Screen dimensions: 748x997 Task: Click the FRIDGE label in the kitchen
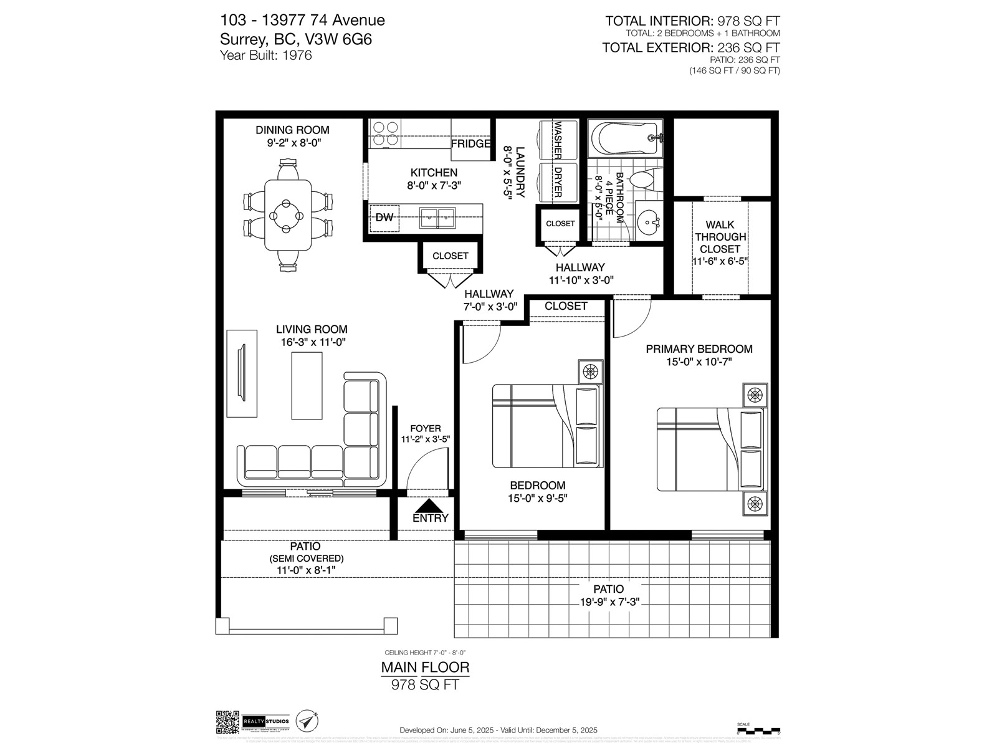471,144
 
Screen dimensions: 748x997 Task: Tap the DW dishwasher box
384,218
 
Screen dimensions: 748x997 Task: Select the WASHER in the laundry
558,141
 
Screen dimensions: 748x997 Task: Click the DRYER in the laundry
558,181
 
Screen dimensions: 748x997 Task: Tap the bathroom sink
649,221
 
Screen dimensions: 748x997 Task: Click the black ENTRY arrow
430,506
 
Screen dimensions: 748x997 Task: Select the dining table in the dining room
288,216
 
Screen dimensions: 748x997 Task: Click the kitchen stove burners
384,134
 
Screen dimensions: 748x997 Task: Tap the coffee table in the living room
307,385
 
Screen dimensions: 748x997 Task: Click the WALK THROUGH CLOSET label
720,237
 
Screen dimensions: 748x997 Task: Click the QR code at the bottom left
227,722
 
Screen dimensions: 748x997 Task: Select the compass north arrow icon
307,722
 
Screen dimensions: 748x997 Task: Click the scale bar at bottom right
758,729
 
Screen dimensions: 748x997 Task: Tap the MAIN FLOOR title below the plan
425,667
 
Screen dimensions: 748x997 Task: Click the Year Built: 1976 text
266,55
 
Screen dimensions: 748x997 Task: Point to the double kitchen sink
437,218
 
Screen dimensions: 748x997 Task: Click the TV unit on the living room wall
242,373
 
